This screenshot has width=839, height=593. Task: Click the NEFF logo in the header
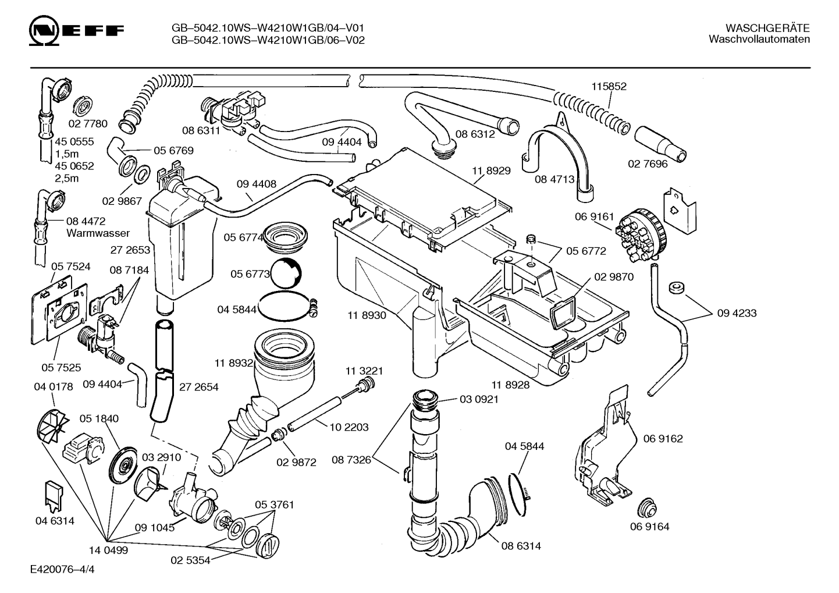point(76,31)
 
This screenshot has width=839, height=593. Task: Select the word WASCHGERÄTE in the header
point(767,28)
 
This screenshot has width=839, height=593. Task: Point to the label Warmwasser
point(98,233)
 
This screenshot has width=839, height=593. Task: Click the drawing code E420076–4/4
point(62,569)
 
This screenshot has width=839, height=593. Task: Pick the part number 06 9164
point(649,526)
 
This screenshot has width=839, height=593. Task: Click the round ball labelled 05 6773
point(286,273)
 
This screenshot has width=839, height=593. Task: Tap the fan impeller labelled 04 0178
point(52,426)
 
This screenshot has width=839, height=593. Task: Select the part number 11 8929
point(491,171)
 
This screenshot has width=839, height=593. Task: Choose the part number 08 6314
point(521,546)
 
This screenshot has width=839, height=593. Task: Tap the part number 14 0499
point(108,551)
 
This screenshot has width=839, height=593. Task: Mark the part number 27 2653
point(130,250)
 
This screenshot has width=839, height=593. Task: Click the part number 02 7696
point(648,164)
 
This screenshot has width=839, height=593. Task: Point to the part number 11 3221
point(364,371)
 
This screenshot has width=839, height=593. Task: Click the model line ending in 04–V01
point(268,28)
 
